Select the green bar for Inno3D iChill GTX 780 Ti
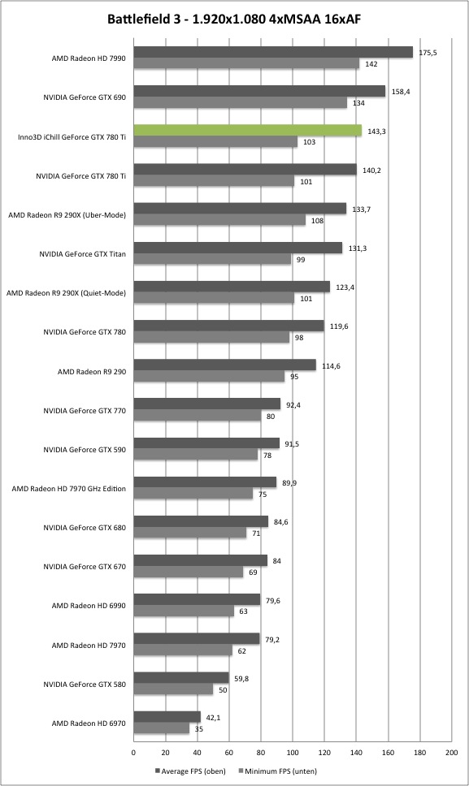point(248,131)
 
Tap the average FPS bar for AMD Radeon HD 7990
point(273,52)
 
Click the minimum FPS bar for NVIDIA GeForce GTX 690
point(241,103)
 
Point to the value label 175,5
point(428,52)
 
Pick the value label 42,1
point(214,717)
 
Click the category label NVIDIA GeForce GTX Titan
point(83,254)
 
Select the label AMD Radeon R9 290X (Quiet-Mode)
point(66,293)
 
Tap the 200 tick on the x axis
point(451,753)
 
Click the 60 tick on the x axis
point(229,753)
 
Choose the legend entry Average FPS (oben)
point(190,771)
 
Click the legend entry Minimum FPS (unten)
point(277,771)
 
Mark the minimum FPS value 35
point(199,729)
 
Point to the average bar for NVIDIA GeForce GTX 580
point(181,678)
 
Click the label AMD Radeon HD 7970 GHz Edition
point(69,489)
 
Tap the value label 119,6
point(339,326)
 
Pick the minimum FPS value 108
point(318,221)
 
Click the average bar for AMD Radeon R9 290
point(224,365)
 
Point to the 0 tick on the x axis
point(133,753)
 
